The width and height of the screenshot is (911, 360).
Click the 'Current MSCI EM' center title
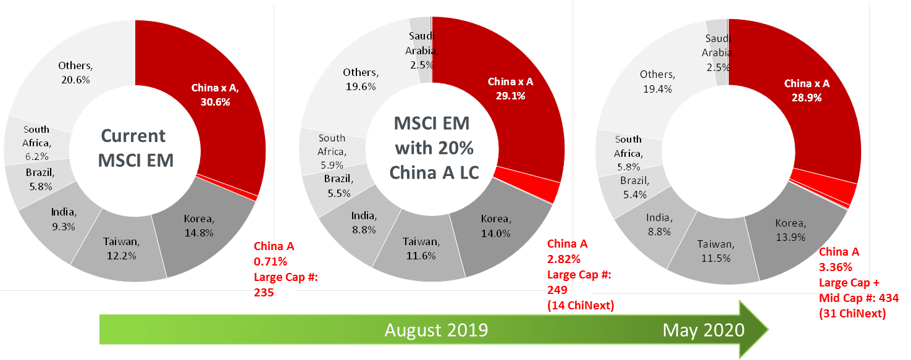(x=133, y=148)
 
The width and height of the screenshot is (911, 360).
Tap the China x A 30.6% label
(x=214, y=95)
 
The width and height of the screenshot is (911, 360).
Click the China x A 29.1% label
(x=511, y=88)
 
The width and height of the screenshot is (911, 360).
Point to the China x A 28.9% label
(x=807, y=91)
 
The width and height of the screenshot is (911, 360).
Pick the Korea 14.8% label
(x=199, y=225)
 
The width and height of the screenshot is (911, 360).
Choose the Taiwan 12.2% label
(x=120, y=248)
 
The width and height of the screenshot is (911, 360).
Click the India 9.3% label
(x=64, y=219)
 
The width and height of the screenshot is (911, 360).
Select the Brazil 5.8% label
(x=40, y=178)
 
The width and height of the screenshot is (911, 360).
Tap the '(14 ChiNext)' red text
(x=581, y=305)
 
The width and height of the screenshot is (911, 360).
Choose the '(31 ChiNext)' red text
(x=852, y=314)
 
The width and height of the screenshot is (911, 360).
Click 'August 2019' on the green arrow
(x=436, y=330)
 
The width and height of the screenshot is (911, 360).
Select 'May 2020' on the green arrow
(x=703, y=330)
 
